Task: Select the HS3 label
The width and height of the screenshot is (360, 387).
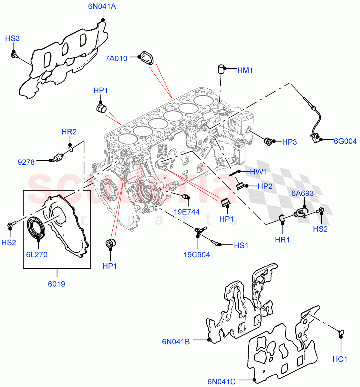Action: (x=13, y=39)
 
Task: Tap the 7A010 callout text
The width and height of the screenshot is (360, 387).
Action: (x=116, y=58)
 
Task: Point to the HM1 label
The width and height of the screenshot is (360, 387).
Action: (x=245, y=70)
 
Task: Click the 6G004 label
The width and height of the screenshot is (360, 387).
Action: (x=345, y=141)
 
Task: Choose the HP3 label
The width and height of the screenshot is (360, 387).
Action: (x=289, y=142)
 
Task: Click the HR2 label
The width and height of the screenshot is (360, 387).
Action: (x=69, y=132)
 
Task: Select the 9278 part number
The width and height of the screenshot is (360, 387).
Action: (x=26, y=162)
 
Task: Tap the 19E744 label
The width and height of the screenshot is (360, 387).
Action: (x=187, y=212)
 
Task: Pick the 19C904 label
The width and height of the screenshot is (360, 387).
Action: (x=197, y=255)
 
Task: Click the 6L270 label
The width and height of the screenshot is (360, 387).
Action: (x=37, y=254)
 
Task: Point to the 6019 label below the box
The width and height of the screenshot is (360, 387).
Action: (x=57, y=284)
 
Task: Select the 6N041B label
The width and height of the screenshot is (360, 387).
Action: (x=176, y=342)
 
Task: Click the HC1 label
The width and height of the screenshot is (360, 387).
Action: (x=340, y=359)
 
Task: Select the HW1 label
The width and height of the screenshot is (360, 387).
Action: (x=258, y=172)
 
